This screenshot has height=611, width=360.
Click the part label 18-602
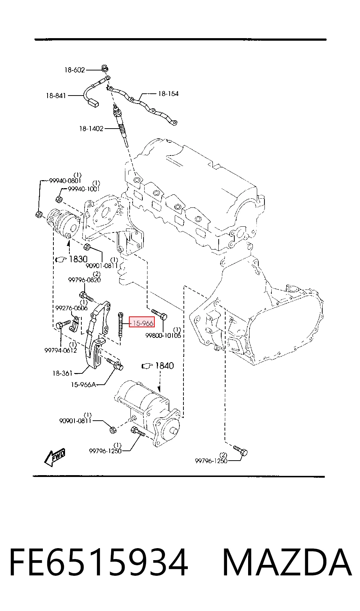point(74,70)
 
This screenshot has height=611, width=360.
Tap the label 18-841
point(56,96)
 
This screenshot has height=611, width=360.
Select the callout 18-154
point(168,94)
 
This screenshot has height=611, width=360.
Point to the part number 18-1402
point(91,129)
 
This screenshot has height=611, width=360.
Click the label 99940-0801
point(65,181)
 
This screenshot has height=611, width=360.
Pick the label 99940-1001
point(84,189)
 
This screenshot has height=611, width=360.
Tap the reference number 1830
point(78,259)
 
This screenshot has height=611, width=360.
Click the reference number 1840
point(164,365)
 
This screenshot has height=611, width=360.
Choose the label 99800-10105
point(163,336)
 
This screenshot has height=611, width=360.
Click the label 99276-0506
point(72,308)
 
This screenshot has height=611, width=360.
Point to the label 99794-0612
point(61,350)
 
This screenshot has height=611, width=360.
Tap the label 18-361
point(62,373)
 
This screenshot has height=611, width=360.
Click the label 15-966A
point(84,385)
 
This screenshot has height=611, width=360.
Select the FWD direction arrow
point(55,457)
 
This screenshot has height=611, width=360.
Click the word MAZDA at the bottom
point(287,562)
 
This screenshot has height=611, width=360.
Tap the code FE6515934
point(99,562)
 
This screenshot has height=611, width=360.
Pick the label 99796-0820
point(84,280)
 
